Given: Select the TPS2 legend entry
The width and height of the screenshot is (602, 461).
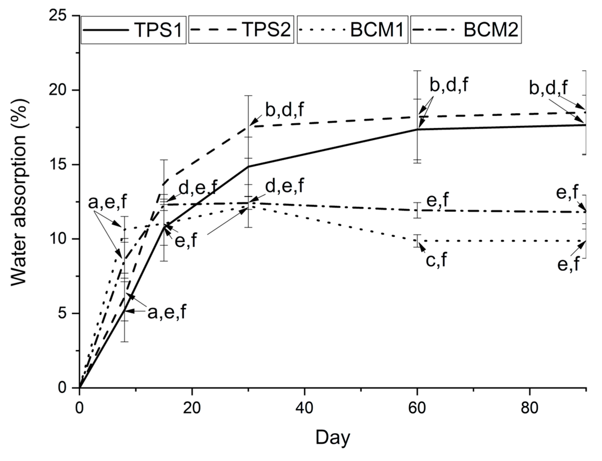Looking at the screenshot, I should [x=241, y=30].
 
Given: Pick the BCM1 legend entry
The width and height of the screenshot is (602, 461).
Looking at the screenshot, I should [x=352, y=30].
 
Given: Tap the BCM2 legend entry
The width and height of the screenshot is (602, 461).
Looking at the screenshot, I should [x=466, y=30].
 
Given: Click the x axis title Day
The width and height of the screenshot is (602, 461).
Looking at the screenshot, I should [x=333, y=437].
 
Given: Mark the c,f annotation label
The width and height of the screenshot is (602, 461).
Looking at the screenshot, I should [x=436, y=259].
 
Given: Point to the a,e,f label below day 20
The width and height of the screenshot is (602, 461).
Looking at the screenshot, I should [x=167, y=312].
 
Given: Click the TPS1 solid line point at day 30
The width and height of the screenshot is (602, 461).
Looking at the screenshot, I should [x=248, y=166].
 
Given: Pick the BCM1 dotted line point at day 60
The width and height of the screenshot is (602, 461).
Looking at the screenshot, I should [x=417, y=241].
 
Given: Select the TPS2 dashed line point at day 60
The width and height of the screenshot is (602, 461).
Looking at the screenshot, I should [x=417, y=117].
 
